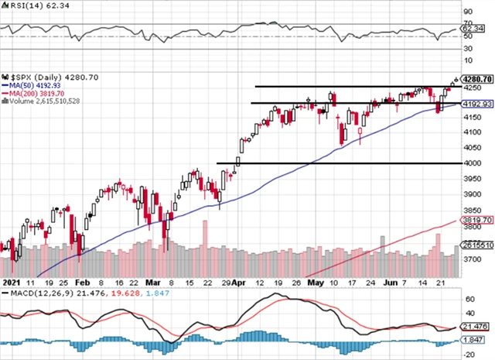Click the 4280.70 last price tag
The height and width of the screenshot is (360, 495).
476,78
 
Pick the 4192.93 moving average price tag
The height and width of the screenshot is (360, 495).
476,104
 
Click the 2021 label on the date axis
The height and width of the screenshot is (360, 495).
10,283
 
